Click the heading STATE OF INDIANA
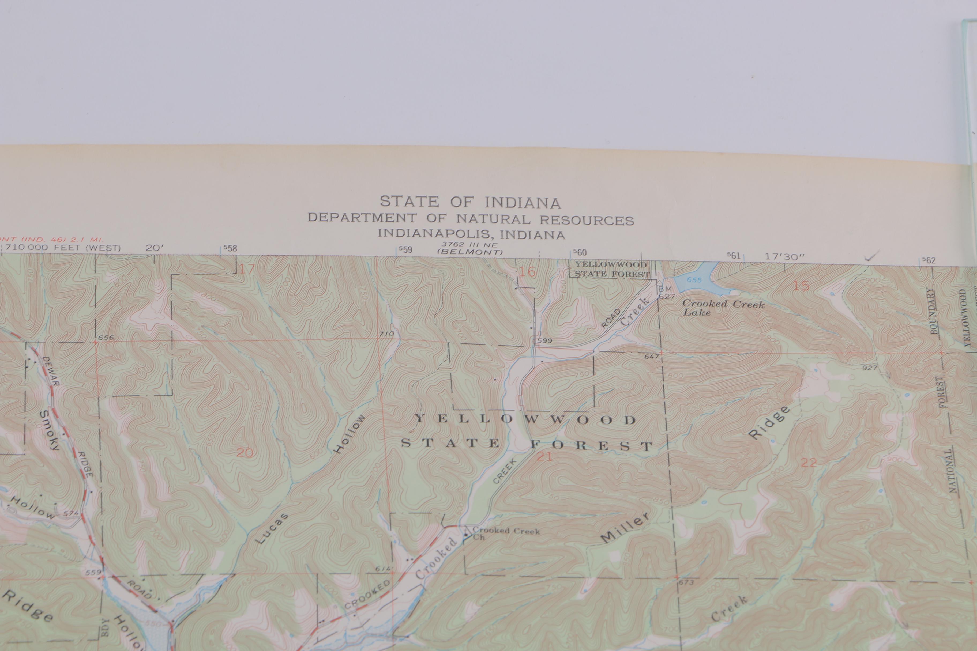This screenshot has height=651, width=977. [470, 202]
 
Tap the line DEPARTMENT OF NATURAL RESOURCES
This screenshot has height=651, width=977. [470, 218]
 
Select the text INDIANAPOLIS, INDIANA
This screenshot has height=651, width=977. [471, 234]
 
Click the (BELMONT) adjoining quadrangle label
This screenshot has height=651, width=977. [470, 252]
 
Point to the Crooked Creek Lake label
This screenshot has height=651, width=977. [723, 308]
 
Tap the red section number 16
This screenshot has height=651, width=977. [528, 272]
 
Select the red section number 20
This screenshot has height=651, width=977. [245, 453]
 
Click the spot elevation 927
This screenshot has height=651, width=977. [869, 368]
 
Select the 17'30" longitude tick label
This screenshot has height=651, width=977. [784, 257]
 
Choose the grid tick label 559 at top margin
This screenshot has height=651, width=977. [405, 249]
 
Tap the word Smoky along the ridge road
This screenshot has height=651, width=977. [50, 430]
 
